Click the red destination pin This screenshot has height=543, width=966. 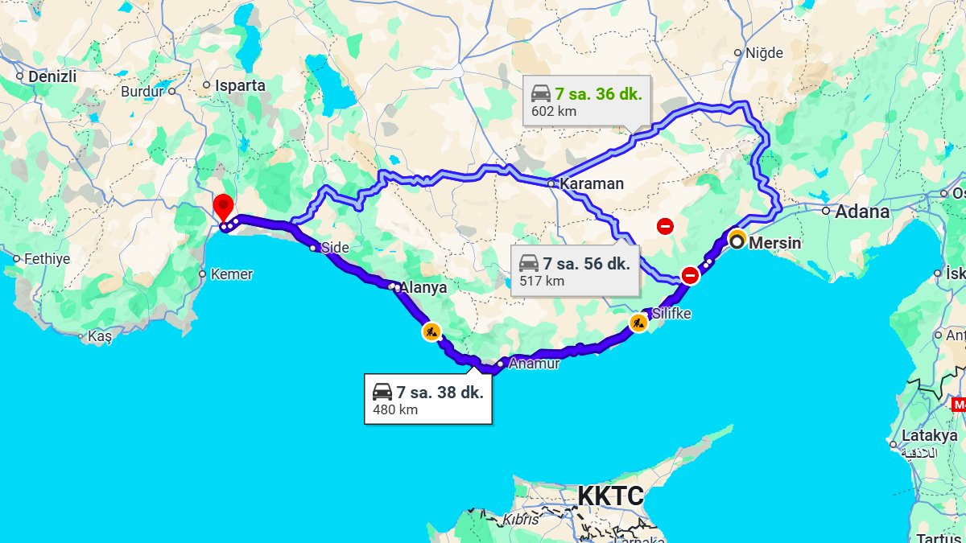pyautogui.click(x=223, y=206)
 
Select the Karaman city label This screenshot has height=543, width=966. pyautogui.click(x=592, y=183)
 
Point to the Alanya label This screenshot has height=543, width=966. pyautogui.click(x=423, y=287)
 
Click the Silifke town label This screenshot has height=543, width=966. pyautogui.click(x=671, y=313)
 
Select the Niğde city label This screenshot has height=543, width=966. pyautogui.click(x=764, y=53)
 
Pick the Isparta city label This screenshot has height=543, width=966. pyautogui.click(x=240, y=84)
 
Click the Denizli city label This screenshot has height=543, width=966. pyautogui.click(x=52, y=76)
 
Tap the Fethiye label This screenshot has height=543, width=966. pyautogui.click(x=47, y=259)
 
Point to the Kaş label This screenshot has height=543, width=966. pyautogui.click(x=99, y=337)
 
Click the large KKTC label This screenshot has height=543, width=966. pyautogui.click(x=611, y=496)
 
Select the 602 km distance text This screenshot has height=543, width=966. pyautogui.click(x=554, y=111)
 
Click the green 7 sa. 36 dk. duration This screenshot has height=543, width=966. pyautogui.click(x=598, y=93)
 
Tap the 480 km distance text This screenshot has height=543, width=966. pyautogui.click(x=395, y=409)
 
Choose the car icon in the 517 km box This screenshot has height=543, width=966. pyautogui.click(x=528, y=263)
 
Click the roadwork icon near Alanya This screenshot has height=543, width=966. pyautogui.click(x=431, y=330)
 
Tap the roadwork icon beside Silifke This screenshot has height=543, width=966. pyautogui.click(x=639, y=323)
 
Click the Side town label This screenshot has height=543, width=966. pyautogui.click(x=335, y=248)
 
